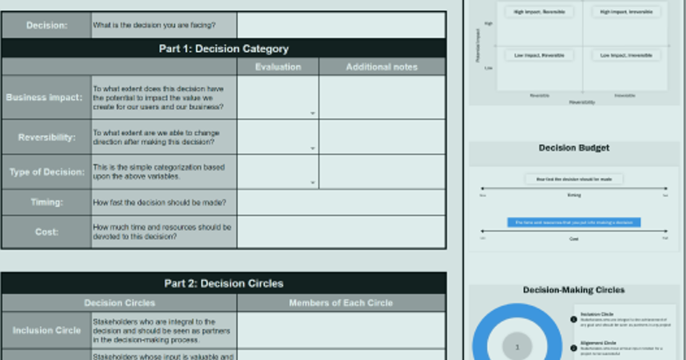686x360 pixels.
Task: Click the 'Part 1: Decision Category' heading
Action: tap(224, 49)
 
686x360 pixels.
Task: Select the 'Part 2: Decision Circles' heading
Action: tap(224, 283)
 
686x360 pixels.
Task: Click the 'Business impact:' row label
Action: tap(45, 97)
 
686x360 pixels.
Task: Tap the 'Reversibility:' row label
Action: tap(46, 137)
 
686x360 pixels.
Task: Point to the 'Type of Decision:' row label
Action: tap(46, 172)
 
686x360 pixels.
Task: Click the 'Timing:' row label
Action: tap(46, 202)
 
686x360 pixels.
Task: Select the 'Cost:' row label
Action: tap(46, 232)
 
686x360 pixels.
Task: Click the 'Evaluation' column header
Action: tap(278, 67)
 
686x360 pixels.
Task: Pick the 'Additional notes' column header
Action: tap(382, 67)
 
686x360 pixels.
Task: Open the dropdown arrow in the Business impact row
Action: tap(313, 114)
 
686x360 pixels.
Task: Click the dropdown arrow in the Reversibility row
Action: tap(313, 149)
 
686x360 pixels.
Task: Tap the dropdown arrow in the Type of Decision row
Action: tap(313, 183)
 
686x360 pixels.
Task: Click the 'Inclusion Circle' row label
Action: tap(46, 330)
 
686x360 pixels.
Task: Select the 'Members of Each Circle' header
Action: tap(341, 303)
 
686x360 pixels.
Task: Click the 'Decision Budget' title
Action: tap(574, 148)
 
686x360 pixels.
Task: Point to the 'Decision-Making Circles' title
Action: tap(574, 290)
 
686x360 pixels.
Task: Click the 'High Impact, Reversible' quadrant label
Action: tap(539, 11)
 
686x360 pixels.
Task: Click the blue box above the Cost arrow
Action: tap(574, 222)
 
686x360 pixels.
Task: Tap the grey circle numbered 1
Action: tap(517, 347)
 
